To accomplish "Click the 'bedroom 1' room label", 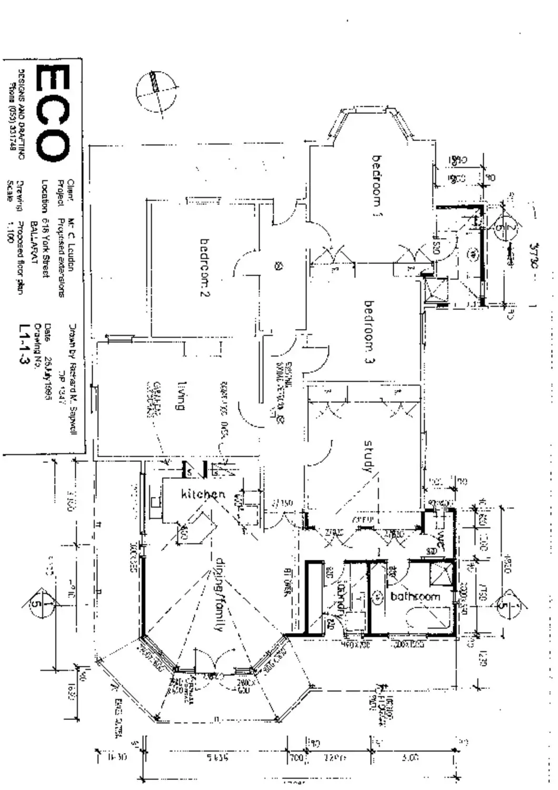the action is (x=377, y=185).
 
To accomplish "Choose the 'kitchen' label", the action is (x=203, y=494).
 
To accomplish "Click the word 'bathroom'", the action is (x=415, y=597).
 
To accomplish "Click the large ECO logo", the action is (x=52, y=113).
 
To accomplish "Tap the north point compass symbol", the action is (x=156, y=91).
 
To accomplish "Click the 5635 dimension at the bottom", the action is (x=216, y=758).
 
